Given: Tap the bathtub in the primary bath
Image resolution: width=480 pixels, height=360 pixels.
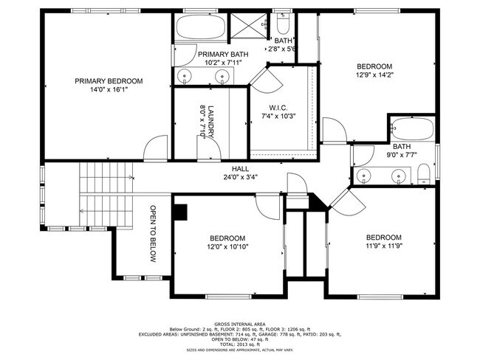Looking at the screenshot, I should click(x=201, y=28).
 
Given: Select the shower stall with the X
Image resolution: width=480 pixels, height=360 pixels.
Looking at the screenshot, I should click(x=252, y=27).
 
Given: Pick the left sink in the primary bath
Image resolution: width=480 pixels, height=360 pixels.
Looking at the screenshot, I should click(x=185, y=75).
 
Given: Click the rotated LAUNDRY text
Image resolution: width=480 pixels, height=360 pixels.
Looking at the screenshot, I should click(x=210, y=120).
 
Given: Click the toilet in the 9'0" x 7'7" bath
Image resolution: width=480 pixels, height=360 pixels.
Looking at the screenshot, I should click(x=424, y=175).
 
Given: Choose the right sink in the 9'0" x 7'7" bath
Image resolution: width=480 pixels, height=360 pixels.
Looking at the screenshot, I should click(x=399, y=176).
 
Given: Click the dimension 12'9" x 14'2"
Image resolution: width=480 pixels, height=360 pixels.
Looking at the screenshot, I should click(x=375, y=75).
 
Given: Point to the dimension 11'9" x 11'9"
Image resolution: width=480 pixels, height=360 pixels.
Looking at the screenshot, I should click(x=384, y=246).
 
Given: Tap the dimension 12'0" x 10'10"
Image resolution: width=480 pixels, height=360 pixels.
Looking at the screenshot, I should click(x=227, y=247).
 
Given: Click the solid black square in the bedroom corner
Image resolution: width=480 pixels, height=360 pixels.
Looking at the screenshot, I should click(x=180, y=211).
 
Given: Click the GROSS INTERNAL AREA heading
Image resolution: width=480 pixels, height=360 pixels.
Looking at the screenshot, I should click(x=239, y=323).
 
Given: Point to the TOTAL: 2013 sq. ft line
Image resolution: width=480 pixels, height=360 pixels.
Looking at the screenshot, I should click(x=239, y=343).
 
